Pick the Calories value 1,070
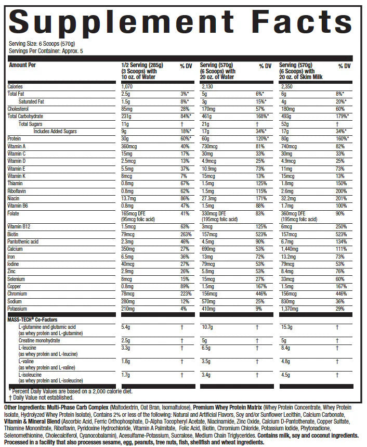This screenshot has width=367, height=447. [127, 86]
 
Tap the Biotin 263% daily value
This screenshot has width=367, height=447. [185, 234]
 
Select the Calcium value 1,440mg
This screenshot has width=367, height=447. [290, 248]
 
